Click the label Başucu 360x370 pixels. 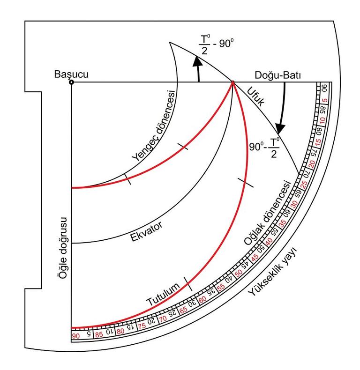coord(71,74)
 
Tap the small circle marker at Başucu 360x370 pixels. coord(71,82)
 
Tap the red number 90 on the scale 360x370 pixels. coord(75,336)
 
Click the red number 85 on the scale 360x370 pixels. coord(99,334)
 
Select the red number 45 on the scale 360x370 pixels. coord(255,257)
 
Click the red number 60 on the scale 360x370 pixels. coord(203,300)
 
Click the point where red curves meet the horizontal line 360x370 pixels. coord(232,82)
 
